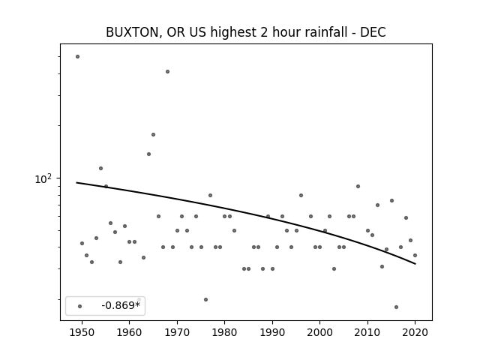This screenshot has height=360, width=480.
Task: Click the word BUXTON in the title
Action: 132,32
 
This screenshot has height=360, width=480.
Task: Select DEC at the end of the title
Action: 373,32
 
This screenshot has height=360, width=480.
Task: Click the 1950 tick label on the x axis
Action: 82,332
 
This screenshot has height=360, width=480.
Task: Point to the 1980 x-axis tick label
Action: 224,332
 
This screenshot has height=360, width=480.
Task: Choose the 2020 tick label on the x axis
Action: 415,332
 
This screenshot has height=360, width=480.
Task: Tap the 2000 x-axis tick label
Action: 320,332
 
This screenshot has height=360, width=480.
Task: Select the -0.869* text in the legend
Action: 121,305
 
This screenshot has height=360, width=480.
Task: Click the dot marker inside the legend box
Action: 80,306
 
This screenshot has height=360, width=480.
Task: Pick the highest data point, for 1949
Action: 77,57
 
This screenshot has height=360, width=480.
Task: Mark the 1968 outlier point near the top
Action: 167,72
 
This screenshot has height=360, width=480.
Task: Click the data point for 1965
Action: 153,135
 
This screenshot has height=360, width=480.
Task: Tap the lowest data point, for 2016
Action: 397,307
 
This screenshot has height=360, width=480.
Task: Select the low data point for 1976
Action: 205,300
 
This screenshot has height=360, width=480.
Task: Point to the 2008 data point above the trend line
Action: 358,187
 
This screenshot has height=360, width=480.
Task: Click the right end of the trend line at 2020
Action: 415,264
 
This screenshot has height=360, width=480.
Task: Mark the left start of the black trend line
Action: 76,183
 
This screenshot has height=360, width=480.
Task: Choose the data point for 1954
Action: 100,168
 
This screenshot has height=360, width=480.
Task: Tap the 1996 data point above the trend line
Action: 301,195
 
